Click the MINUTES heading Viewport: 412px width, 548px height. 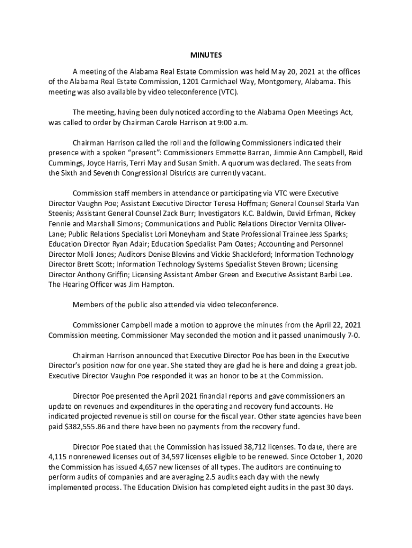click(x=206, y=55)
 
